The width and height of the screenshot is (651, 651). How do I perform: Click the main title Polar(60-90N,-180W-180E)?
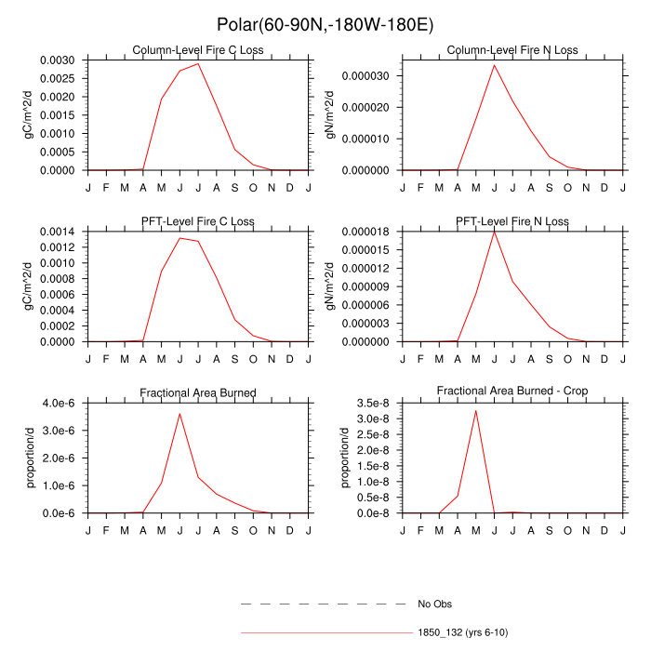pyautogui.click(x=325, y=24)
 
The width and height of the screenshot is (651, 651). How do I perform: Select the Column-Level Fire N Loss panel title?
pyautogui.click(x=512, y=50)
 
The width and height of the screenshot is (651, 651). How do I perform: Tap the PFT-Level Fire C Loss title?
pyautogui.click(x=199, y=221)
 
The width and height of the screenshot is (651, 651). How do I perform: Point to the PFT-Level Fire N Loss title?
pyautogui.click(x=512, y=221)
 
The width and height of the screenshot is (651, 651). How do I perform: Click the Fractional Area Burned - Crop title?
pyautogui.click(x=512, y=392)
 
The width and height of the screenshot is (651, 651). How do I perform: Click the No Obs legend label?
pyautogui.click(x=434, y=604)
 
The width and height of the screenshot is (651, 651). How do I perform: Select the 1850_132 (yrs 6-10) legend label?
pyautogui.click(x=462, y=632)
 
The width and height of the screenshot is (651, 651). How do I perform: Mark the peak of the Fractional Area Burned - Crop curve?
pyautogui.click(x=475, y=410)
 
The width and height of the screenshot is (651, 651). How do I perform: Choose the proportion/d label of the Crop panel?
pyautogui.click(x=344, y=458)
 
